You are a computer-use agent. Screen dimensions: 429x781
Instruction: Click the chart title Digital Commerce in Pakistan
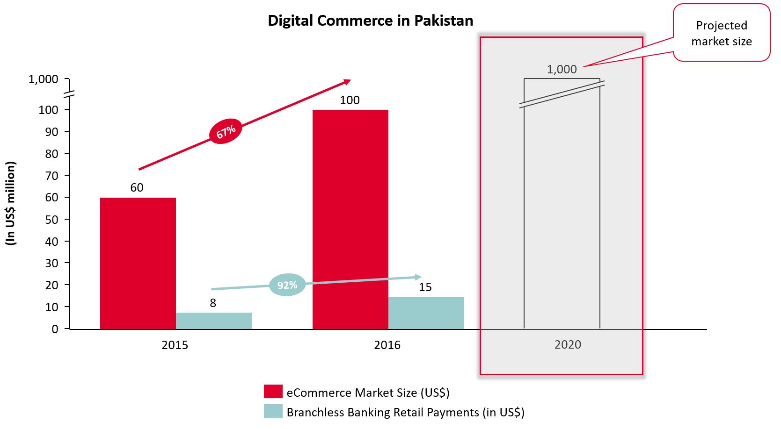pyautogui.click(x=370, y=21)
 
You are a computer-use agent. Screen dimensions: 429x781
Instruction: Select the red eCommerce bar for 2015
pyautogui.click(x=138, y=263)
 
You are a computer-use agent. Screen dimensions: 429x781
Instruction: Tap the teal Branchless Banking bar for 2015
pyautogui.click(x=213, y=321)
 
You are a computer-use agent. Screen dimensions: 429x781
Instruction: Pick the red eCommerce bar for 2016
pyautogui.click(x=350, y=220)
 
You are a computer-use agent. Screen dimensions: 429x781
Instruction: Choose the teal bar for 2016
pyautogui.click(x=426, y=313)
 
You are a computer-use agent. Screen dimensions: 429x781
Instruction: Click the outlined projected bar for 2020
pyautogui.click(x=562, y=215)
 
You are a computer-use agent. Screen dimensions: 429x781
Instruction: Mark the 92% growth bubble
pyautogui.click(x=287, y=285)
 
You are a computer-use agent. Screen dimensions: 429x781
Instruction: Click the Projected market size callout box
pyautogui.click(x=721, y=33)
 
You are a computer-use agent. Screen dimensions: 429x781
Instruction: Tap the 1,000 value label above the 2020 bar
pyautogui.click(x=562, y=70)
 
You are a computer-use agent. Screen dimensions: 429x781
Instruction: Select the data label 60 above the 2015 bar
pyautogui.click(x=137, y=188)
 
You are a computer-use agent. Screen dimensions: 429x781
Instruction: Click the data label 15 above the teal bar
pyautogui.click(x=425, y=287)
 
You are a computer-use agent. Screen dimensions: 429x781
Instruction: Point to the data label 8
pyautogui.click(x=213, y=303)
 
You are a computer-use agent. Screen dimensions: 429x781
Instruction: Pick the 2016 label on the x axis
pyautogui.click(x=387, y=345)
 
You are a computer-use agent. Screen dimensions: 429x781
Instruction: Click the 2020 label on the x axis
pyautogui.click(x=568, y=345)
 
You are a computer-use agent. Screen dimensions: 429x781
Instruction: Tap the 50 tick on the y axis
pyautogui.click(x=51, y=220)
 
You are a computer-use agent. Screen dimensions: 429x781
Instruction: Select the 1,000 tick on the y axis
pyautogui.click(x=44, y=79)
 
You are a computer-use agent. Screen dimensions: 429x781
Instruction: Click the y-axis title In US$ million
pyautogui.click(x=11, y=203)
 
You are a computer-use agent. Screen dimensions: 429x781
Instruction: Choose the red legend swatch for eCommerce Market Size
pyautogui.click(x=273, y=392)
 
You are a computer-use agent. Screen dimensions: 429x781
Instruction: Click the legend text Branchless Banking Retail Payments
pyautogui.click(x=405, y=413)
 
